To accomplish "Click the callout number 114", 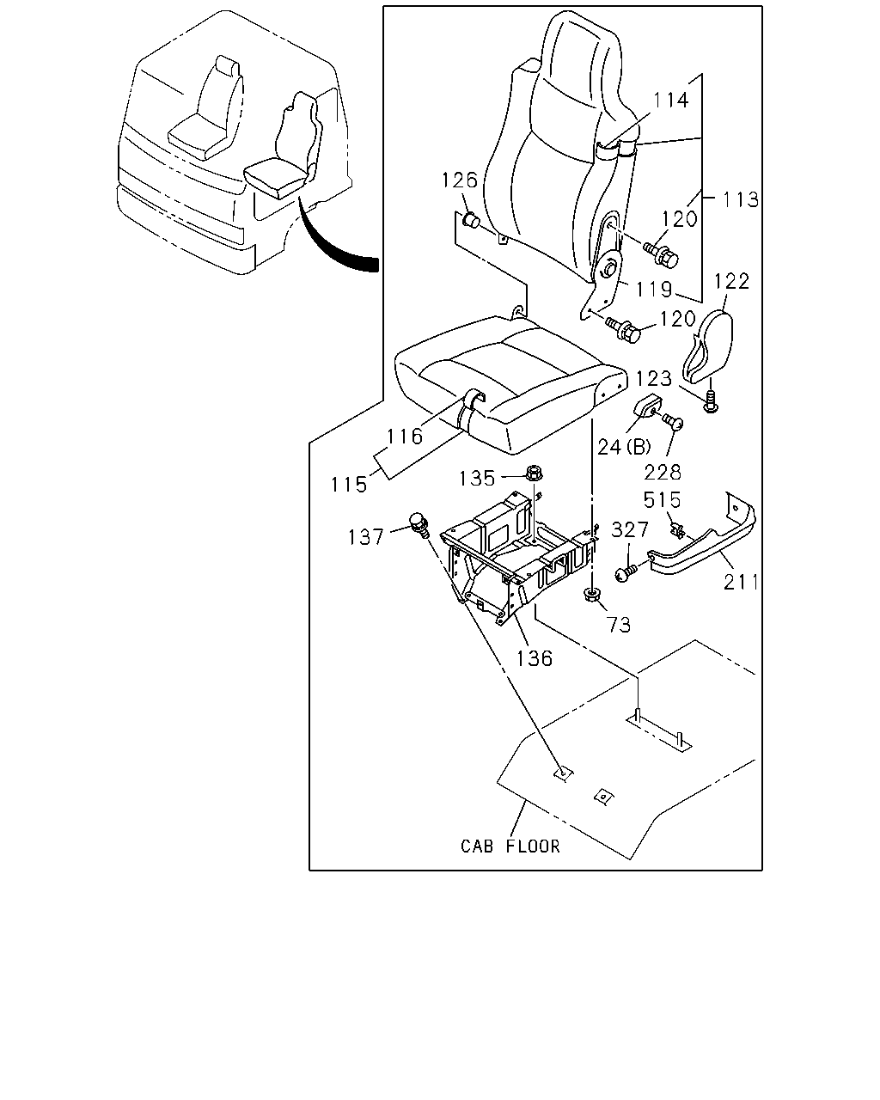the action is point(670,101).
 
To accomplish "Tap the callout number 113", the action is point(740,199).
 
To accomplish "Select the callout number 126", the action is point(459,180).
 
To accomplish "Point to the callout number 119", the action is point(653,290).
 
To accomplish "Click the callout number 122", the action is point(731,281).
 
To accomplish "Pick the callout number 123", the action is point(653,379).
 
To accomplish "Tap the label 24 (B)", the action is point(624,447).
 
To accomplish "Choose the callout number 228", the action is point(663,473).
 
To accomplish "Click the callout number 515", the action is point(662,499).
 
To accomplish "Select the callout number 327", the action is point(630,529).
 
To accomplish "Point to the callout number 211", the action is point(741,582).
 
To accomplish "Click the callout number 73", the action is point(618,625).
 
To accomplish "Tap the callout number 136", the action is point(535,659).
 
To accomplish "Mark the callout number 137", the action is point(365,537).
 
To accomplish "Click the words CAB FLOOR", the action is point(510,846).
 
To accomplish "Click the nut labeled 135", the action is point(534,472).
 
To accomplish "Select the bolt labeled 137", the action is point(419,525).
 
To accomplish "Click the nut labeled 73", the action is point(591,595).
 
